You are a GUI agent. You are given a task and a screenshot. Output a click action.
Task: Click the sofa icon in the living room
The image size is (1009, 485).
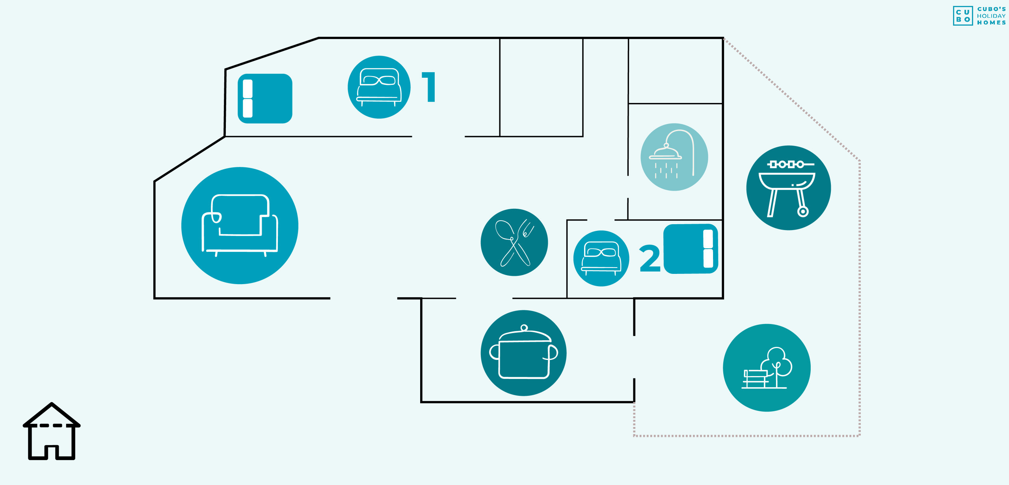[240, 225]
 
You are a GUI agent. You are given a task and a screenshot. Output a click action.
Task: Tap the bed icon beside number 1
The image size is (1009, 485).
[379, 87]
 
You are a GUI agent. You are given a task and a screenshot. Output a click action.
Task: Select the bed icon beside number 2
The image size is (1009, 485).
[601, 258]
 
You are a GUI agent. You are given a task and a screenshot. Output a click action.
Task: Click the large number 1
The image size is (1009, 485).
[429, 87]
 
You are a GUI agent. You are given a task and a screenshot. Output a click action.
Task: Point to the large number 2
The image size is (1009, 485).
[650, 258]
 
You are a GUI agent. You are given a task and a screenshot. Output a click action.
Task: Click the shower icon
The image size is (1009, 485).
[674, 157]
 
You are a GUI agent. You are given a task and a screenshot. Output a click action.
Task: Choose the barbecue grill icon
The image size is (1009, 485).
[788, 188]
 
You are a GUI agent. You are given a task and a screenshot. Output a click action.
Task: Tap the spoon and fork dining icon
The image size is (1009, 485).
[514, 242]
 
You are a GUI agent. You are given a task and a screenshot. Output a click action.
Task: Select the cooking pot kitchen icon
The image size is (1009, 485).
[523, 353]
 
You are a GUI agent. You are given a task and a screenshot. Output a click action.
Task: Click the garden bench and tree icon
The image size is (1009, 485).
[767, 368]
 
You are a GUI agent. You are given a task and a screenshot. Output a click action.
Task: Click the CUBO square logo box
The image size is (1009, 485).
[963, 16]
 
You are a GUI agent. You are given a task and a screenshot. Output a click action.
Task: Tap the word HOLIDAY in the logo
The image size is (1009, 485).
[991, 16]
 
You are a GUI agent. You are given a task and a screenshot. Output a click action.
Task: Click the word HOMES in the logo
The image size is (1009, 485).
[991, 23]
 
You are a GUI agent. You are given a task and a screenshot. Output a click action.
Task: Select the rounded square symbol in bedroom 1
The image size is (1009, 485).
[265, 99]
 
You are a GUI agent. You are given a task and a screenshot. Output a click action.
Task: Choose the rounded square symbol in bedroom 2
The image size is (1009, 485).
[691, 249]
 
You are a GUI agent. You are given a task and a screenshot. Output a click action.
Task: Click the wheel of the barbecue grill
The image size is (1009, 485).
[803, 212]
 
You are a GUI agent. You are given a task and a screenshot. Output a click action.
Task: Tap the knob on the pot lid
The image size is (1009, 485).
[524, 328]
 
